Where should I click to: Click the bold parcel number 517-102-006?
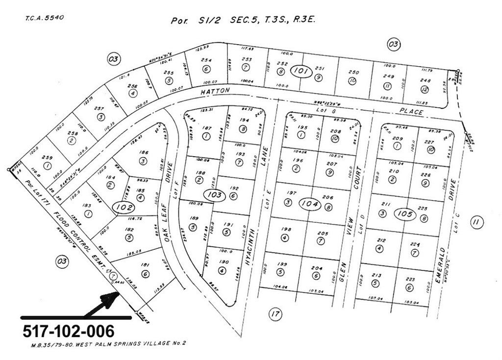[x=69, y=331]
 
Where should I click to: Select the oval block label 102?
[x=124, y=207]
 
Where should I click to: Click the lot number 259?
[x=48, y=158]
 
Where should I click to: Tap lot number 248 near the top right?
[x=425, y=81]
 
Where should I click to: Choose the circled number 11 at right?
[x=474, y=222]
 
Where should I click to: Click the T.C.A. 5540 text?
[x=44, y=18]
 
